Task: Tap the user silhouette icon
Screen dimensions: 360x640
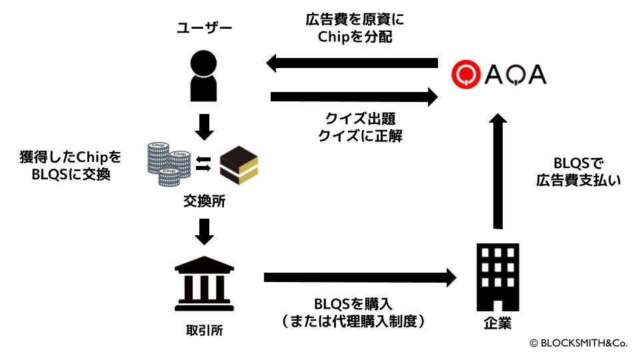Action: click(205, 76)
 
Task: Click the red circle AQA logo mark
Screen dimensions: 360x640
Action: click(465, 74)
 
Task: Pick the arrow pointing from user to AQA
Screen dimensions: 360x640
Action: click(354, 97)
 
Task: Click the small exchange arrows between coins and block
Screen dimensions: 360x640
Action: click(205, 163)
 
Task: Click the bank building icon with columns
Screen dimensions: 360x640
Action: click(204, 284)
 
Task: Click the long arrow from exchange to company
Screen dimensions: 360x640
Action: click(360, 276)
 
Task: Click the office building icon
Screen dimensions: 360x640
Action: click(497, 277)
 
